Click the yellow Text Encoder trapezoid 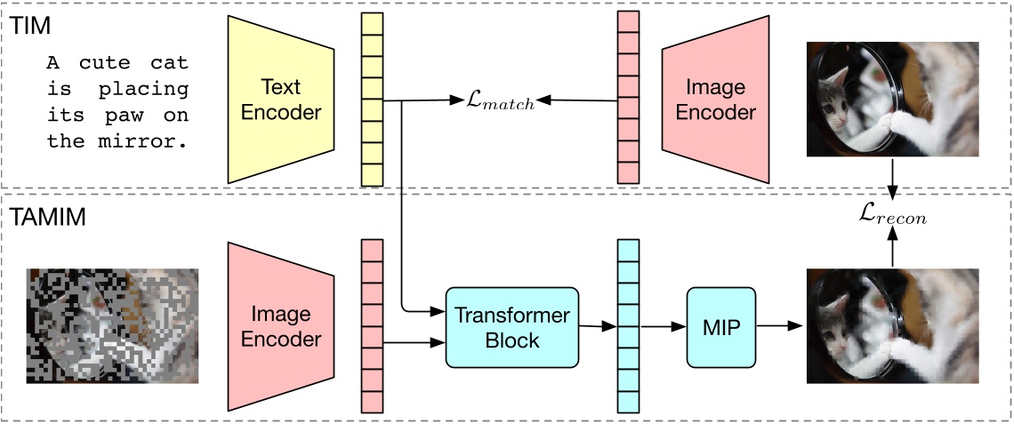coord(280,100)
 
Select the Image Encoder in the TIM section coord(715,100)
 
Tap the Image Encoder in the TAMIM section coord(281,326)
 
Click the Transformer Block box coord(511,326)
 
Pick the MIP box coord(720,326)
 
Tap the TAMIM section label coord(48,216)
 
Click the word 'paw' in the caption coord(130,116)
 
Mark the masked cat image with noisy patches coord(112,325)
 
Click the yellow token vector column coord(372,100)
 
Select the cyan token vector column coord(628,326)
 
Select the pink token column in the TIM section coord(628,100)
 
